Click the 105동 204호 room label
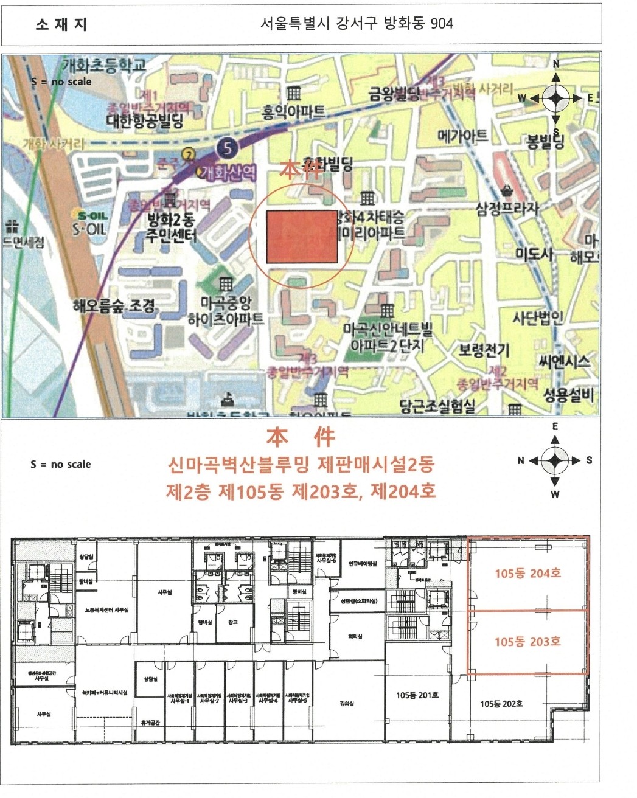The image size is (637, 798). tap(527, 573)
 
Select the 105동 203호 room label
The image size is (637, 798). tap(527, 642)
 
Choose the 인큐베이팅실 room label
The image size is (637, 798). tap(363, 564)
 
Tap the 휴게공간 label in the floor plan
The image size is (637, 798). tap(150, 723)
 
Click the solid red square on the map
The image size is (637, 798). tap(302, 237)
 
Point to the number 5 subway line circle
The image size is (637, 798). tap(227, 147)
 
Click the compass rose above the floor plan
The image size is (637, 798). tap(555, 460)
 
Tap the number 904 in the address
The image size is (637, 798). tap(441, 24)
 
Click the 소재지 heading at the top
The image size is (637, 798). tap(61, 24)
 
